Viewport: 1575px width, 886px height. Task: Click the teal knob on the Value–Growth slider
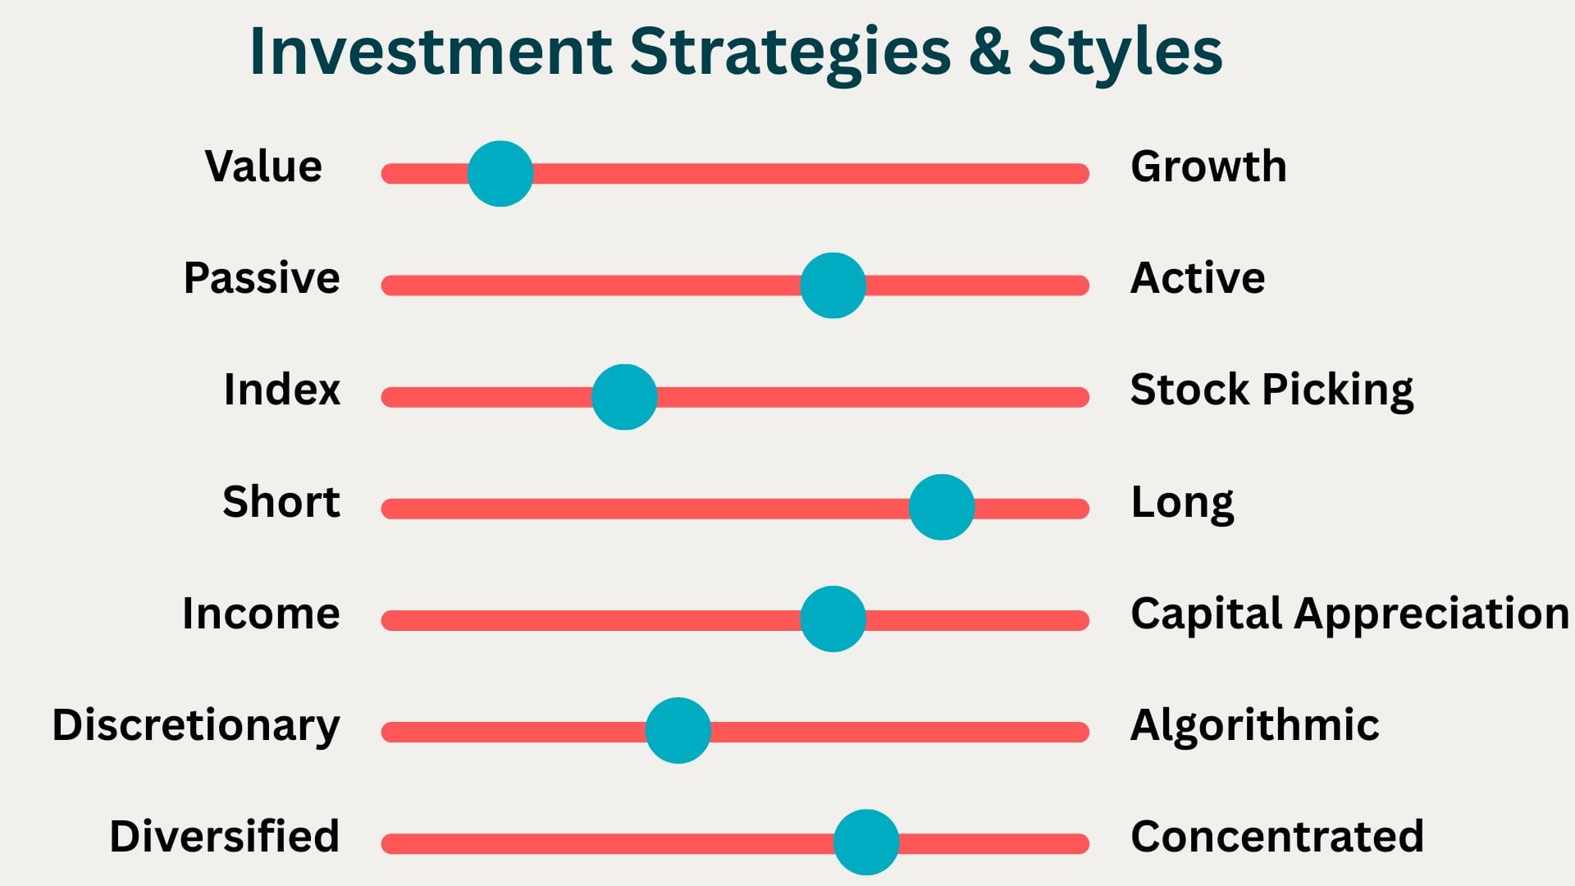point(500,174)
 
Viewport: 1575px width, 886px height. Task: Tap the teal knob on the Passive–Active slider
point(833,285)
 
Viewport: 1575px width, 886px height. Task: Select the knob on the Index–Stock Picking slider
point(624,397)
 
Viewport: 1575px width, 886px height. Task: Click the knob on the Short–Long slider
point(942,507)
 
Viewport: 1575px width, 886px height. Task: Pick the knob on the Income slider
point(833,619)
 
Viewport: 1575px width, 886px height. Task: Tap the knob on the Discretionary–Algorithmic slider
point(678,730)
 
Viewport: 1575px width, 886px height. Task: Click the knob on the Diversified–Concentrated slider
point(866,842)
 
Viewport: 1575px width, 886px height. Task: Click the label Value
point(263,167)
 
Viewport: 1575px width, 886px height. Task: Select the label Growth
point(1208,167)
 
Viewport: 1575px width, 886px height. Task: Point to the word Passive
point(262,278)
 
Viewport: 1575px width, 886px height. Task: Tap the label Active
point(1198,278)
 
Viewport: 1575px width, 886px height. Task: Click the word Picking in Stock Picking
point(1338,390)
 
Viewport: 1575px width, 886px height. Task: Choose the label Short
point(281,501)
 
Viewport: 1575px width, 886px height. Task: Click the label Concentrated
point(1277,837)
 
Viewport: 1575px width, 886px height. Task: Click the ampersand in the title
point(988,51)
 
